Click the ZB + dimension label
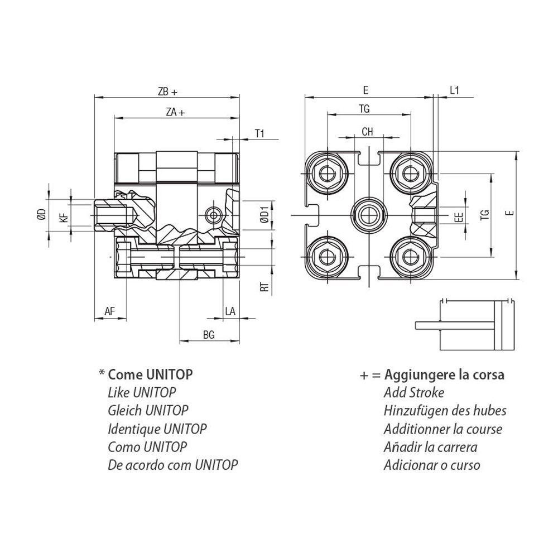(167, 92)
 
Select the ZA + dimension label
(175, 112)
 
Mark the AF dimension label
(110, 311)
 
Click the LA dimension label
(230, 311)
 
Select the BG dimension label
(209, 335)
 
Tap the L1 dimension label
(454, 91)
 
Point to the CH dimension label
(367, 132)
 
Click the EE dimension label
(459, 217)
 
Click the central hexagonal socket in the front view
(368, 215)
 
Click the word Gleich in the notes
(124, 411)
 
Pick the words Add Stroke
(413, 392)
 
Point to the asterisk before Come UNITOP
(102, 373)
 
